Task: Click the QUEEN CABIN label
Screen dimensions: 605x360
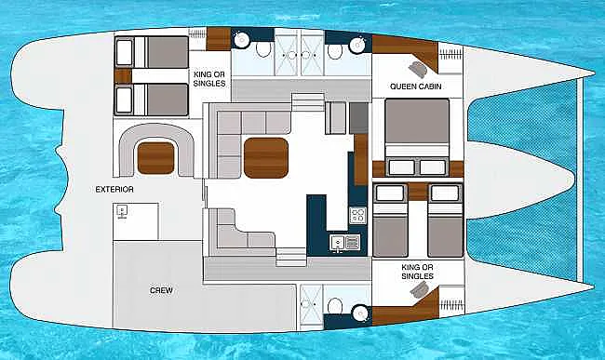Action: point(415,87)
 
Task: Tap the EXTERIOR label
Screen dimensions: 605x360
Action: point(114,189)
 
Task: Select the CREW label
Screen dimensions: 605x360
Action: point(161,290)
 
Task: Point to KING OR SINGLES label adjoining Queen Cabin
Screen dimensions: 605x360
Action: point(417,272)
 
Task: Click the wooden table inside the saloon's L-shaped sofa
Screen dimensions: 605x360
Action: point(266,158)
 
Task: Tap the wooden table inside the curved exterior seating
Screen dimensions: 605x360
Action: point(155,158)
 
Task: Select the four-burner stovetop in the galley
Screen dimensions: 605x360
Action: point(357,216)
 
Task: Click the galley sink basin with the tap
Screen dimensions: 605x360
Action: point(337,243)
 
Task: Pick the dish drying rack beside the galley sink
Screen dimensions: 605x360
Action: point(353,243)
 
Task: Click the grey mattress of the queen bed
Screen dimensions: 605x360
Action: point(417,122)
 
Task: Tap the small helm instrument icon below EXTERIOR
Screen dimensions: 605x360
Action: point(122,211)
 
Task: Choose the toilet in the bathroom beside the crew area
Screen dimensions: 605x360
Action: point(335,306)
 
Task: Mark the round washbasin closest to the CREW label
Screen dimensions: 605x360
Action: point(360,313)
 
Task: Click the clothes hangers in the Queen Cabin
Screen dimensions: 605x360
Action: point(450,54)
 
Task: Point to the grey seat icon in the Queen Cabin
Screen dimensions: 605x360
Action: point(418,70)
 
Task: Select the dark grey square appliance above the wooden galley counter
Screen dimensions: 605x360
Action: point(359,118)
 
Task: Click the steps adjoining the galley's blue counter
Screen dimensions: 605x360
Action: point(291,257)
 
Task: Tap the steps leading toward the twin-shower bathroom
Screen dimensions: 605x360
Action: point(307,101)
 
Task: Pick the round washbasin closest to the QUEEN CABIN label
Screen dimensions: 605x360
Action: point(357,45)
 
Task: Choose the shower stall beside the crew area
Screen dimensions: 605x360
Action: point(311,304)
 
